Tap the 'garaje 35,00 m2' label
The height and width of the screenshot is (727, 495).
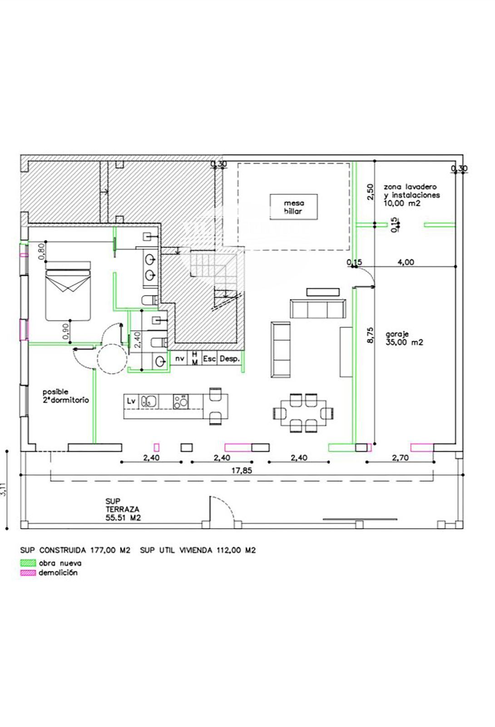pos(404,338)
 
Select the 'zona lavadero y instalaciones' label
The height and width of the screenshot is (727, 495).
pos(411,191)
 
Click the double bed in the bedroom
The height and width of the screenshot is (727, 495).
pos(68,291)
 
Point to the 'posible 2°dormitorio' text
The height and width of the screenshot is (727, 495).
pos(65,396)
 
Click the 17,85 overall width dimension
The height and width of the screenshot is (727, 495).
pos(242,470)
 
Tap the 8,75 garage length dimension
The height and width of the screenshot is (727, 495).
pos(370,334)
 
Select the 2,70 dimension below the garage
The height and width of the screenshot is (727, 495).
pos(400,458)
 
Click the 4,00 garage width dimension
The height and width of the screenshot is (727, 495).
pos(406,262)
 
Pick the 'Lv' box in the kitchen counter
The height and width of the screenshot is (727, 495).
pos(131,401)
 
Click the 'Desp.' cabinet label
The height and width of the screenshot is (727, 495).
pos(230,359)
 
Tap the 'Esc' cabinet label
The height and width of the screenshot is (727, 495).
pos(209,359)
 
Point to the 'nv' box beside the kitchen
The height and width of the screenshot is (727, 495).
pos(179,359)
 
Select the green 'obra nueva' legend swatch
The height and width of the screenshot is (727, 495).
pos(28,563)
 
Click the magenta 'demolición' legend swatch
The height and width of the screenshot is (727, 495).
pos(28,573)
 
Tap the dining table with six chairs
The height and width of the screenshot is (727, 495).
pos(303,413)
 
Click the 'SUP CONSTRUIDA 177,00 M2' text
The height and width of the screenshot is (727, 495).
pos(75,550)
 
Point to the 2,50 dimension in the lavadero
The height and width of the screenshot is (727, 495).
pos(370,191)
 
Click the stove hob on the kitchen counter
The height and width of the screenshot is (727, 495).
pos(181,401)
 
